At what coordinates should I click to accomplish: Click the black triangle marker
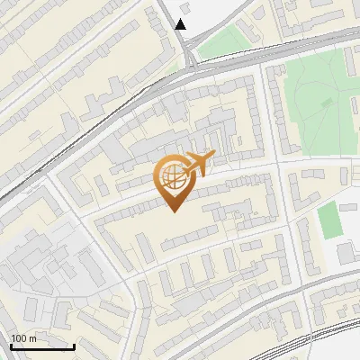coord(181,24)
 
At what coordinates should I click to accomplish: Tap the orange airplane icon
coord(200,164)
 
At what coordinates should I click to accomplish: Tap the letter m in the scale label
coord(33,338)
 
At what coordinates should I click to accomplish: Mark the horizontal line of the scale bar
coord(42,346)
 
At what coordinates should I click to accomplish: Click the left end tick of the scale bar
coord(11,345)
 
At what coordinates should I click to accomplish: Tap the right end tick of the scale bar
coord(74,345)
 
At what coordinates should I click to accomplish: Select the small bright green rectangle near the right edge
coord(330,220)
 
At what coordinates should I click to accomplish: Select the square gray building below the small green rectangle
coord(350,253)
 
